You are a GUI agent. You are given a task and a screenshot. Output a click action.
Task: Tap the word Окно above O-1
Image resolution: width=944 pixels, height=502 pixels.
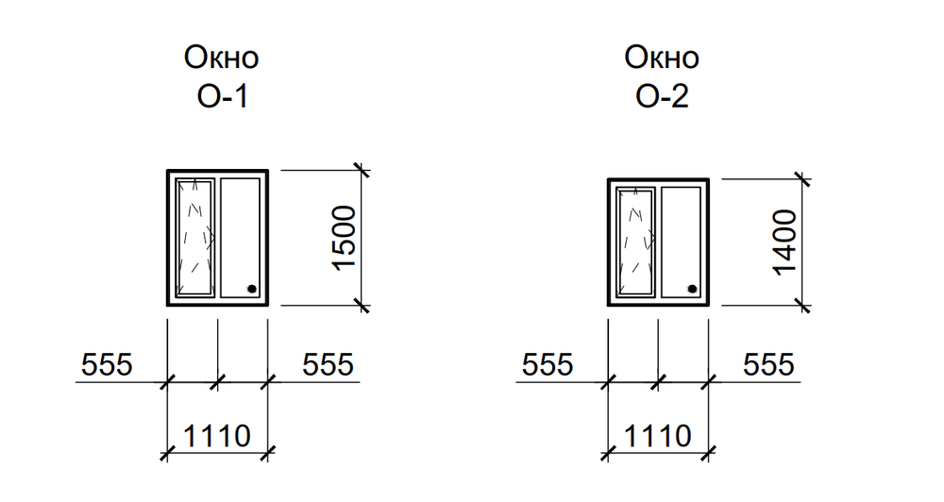(x=220, y=59)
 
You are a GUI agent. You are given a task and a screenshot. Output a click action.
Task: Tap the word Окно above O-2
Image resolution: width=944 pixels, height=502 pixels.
(x=661, y=59)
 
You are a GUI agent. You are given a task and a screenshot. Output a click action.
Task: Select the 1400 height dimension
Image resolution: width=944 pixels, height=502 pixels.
(x=785, y=242)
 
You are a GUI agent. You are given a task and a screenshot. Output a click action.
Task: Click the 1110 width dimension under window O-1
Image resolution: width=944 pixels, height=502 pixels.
(x=216, y=436)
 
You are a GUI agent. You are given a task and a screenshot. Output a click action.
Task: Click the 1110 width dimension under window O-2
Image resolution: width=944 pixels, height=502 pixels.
(x=657, y=436)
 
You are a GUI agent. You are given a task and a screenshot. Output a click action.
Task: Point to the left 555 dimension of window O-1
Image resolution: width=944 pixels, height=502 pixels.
(x=107, y=363)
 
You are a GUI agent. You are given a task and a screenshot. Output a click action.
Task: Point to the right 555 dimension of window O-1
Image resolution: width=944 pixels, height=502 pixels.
(x=328, y=363)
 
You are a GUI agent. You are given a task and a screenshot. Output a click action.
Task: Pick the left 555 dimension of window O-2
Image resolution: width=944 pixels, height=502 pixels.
(x=548, y=363)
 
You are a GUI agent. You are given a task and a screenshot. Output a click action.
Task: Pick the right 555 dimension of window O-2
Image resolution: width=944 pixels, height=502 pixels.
(x=768, y=363)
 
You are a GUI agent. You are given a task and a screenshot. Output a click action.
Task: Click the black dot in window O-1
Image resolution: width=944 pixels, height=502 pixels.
(x=252, y=290)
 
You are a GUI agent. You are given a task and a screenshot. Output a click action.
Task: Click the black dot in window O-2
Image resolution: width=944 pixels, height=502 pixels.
(x=693, y=289)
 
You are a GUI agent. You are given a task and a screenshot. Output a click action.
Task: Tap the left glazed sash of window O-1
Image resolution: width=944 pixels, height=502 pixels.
(x=194, y=238)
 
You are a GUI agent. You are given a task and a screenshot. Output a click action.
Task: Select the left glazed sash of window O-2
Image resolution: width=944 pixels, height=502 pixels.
(x=635, y=242)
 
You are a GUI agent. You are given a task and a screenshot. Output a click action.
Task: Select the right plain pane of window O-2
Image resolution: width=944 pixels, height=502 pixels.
(x=681, y=242)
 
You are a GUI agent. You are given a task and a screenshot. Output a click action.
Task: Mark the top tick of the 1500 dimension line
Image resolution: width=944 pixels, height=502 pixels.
(x=361, y=170)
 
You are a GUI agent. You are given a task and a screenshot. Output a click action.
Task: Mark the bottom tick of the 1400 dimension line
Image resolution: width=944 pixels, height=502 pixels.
(x=801, y=305)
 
